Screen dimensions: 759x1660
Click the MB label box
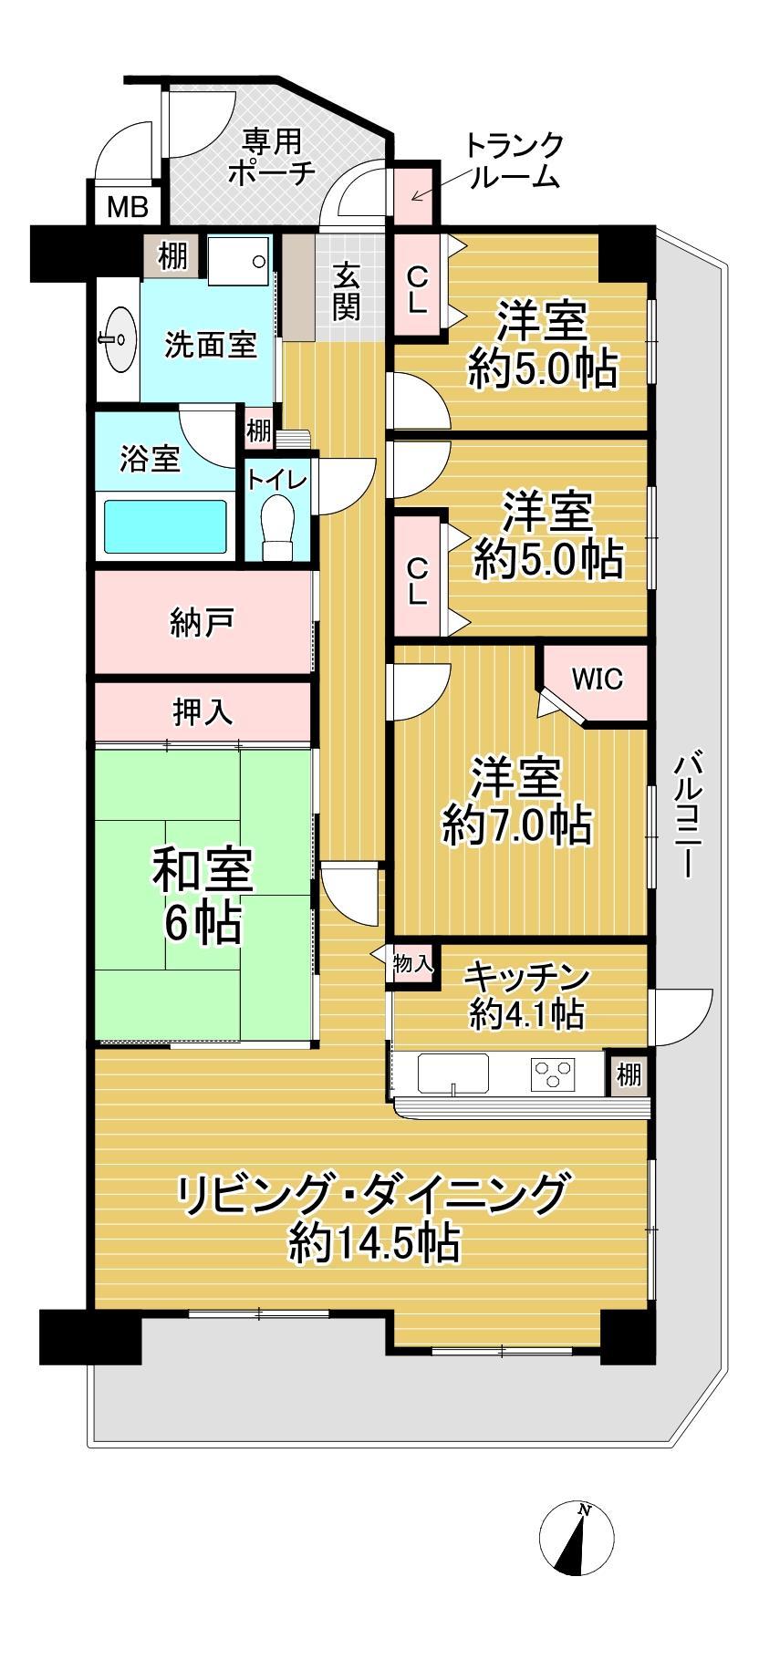click(127, 207)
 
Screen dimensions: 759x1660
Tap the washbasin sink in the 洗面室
click(118, 339)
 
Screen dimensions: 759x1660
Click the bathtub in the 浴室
click(165, 526)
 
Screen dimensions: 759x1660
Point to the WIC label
click(598, 679)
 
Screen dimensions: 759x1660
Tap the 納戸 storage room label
click(202, 623)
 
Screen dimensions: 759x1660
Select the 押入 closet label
click(202, 711)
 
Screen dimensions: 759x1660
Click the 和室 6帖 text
click(202, 897)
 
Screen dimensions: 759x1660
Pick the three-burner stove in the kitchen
click(552, 1073)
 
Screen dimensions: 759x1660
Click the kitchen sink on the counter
click(453, 1073)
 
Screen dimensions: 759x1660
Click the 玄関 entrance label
click(345, 290)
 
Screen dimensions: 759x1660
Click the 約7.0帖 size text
click(516, 826)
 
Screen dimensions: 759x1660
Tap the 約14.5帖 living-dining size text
click(373, 1241)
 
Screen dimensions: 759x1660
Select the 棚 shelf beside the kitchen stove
click(629, 1074)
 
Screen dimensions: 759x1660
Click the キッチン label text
click(527, 976)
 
